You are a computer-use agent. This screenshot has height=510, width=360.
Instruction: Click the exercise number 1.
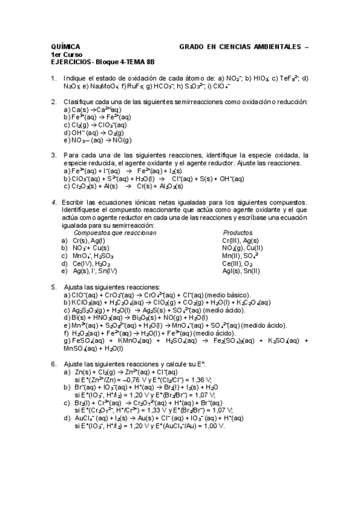click(x=53, y=78)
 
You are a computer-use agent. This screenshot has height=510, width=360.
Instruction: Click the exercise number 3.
click(x=53, y=155)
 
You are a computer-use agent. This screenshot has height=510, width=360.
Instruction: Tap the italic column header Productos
click(x=237, y=233)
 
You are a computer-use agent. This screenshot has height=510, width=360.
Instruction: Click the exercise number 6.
click(x=53, y=364)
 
